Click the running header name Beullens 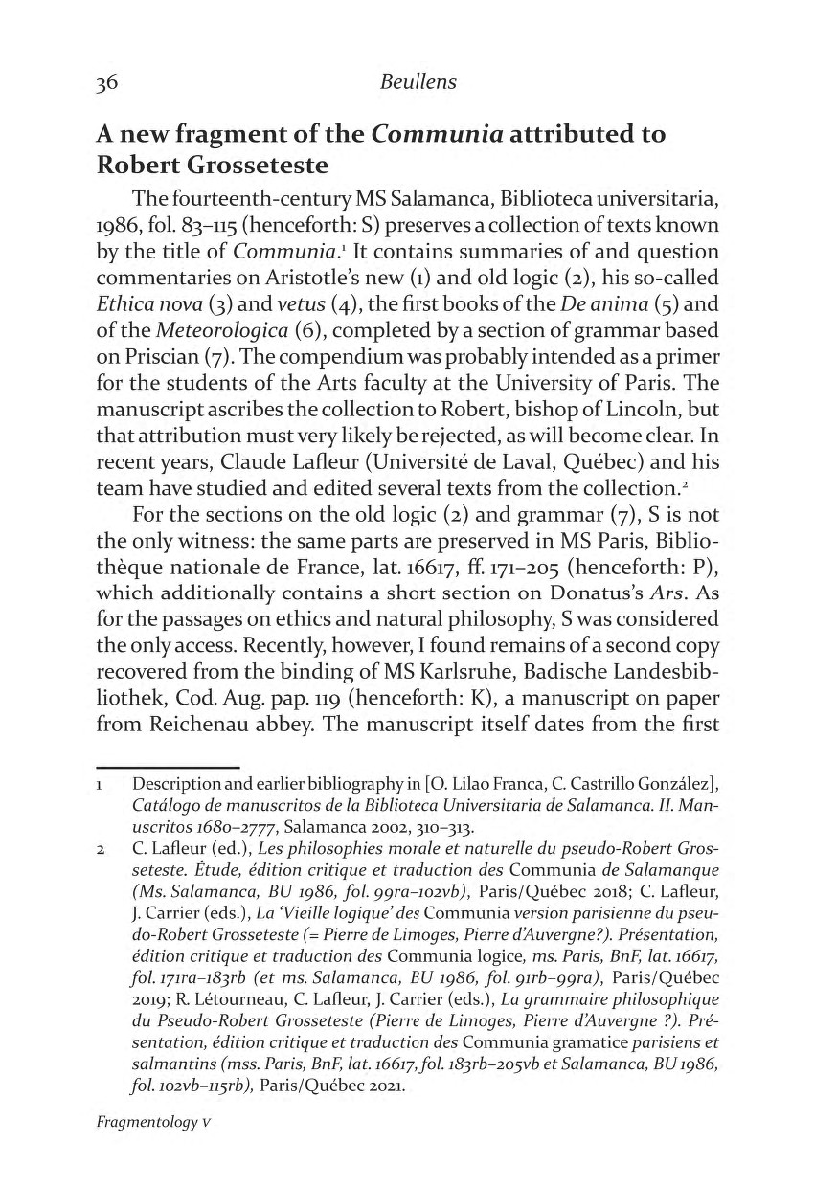pos(418,82)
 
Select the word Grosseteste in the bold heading pos(242,166)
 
